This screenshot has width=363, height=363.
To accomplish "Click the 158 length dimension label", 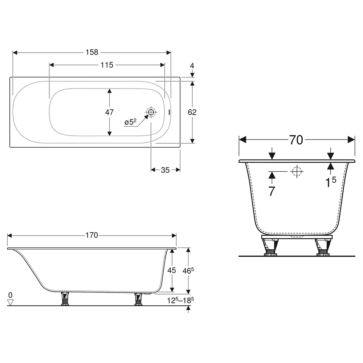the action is tap(92, 52).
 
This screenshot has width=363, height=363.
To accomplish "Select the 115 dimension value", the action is tap(107, 65).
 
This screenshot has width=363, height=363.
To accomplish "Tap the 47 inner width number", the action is tap(109, 112).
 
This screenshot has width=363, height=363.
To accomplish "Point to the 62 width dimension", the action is tap(192, 112).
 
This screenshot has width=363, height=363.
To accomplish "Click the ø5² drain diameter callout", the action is tap(130, 122).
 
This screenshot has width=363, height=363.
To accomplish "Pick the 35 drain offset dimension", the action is tap(165, 170).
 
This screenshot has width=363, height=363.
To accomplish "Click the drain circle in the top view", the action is tap(151, 112).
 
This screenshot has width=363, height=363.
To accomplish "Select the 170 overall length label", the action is tap(92, 236).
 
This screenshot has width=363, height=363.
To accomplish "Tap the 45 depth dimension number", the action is tap(172, 270).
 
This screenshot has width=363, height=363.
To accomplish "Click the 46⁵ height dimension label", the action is tap(188, 270).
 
